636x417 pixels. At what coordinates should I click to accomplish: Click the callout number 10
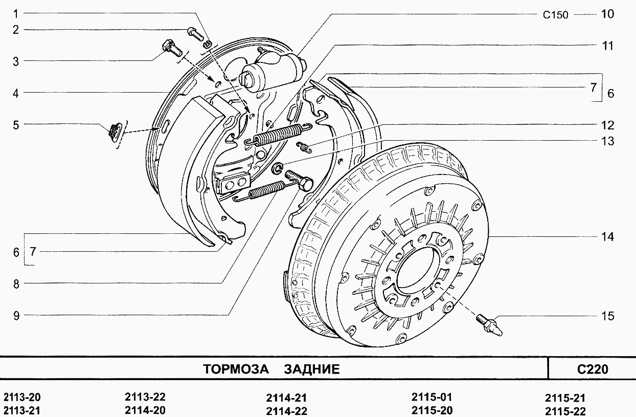pos(607,14)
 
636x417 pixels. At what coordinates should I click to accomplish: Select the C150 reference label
pos(555,15)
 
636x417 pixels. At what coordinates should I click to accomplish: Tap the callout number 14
pos(607,237)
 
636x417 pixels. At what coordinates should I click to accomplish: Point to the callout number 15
pos(607,316)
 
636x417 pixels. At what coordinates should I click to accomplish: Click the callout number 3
pos(16,61)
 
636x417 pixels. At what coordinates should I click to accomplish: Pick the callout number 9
pos(16,316)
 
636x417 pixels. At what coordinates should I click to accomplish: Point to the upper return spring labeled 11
pos(276,135)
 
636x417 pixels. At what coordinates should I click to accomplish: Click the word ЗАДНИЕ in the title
pos(311,369)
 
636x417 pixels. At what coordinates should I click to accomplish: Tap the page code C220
pos(593,369)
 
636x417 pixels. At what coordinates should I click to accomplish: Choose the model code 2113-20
pos(22,398)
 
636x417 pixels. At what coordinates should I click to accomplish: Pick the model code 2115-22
pos(565,411)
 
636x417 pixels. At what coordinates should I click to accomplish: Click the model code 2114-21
pos(286,398)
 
